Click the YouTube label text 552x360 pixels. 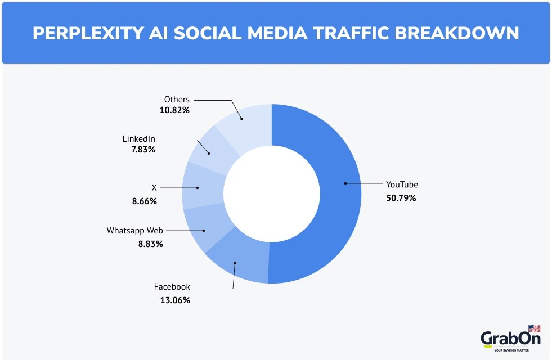(x=402, y=184)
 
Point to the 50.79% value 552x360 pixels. (x=401, y=198)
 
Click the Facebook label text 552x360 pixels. (x=172, y=287)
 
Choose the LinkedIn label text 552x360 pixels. (x=138, y=138)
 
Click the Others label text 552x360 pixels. (x=177, y=100)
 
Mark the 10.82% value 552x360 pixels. (x=174, y=110)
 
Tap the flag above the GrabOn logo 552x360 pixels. (x=534, y=328)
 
